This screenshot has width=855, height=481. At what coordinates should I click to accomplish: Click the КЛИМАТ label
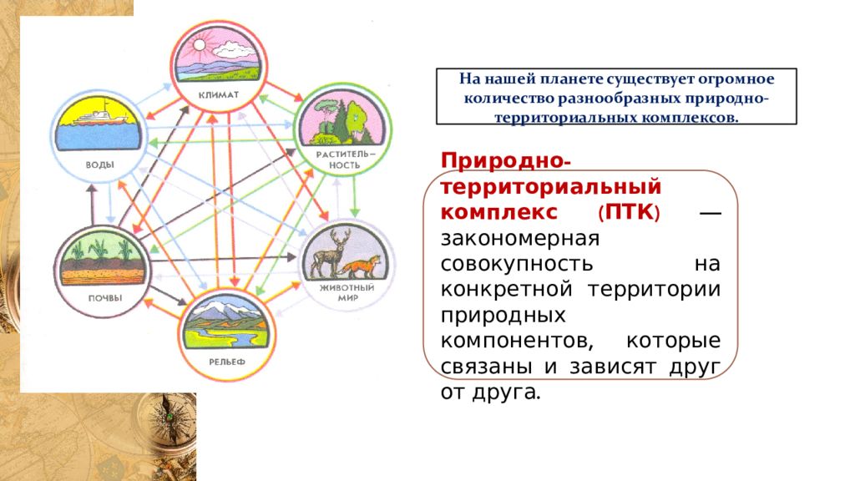[x=218, y=95]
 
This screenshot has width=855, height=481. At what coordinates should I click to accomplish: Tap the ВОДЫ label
[x=100, y=165]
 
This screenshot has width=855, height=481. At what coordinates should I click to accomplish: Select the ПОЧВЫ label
[x=105, y=298]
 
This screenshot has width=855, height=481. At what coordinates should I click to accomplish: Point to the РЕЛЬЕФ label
[x=227, y=362]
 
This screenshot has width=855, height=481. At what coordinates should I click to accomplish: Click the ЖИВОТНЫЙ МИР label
[x=347, y=292]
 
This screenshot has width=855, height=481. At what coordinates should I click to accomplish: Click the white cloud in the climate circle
[x=234, y=50]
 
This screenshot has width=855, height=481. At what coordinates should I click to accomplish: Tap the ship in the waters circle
[x=101, y=115]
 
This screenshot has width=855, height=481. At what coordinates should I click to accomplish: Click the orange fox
[x=361, y=267]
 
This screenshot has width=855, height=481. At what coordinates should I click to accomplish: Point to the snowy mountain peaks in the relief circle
[x=225, y=309]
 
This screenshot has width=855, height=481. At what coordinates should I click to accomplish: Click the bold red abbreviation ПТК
[x=630, y=212]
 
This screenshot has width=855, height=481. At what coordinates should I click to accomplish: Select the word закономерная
[x=519, y=238]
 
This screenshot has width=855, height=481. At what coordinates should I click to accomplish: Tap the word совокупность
[x=516, y=264]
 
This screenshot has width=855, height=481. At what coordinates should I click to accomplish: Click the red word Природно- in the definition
[x=506, y=161]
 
